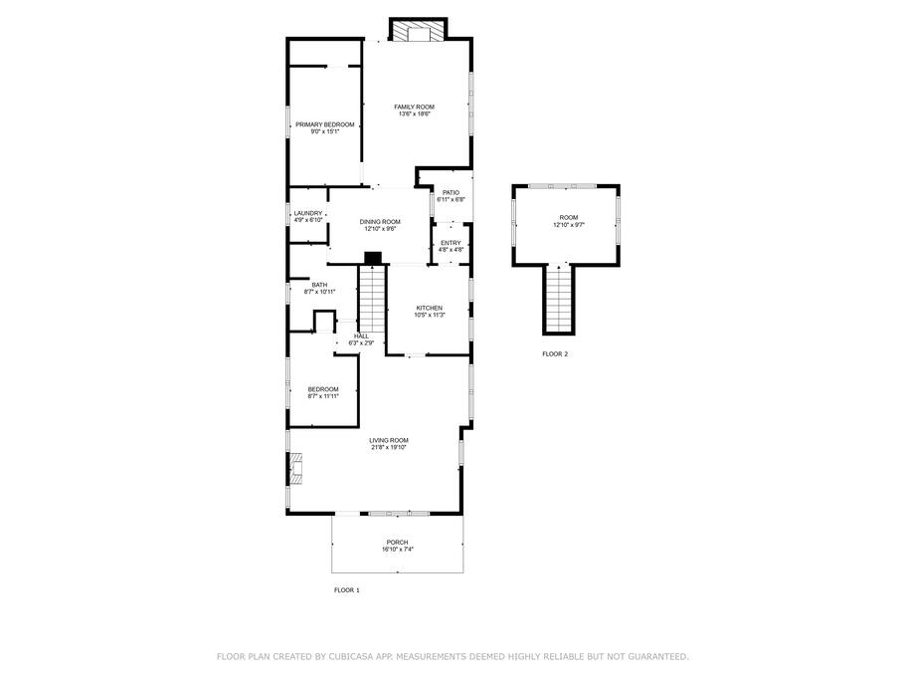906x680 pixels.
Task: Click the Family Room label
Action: pos(415,107)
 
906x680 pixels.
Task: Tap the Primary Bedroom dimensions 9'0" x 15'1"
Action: pos(325,131)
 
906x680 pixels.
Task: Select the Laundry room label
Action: pos(308,213)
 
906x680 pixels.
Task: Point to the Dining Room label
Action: pos(380,222)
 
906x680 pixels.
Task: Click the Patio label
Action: pos(451,192)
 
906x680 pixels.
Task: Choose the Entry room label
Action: pos(451,243)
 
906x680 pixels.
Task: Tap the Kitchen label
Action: pos(430,309)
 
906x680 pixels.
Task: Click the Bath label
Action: pos(319,285)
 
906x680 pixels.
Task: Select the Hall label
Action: pos(361,336)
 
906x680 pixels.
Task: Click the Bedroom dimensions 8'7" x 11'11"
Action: pos(323,396)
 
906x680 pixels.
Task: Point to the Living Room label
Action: pos(389,441)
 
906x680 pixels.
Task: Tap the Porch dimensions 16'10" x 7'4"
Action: pos(398,550)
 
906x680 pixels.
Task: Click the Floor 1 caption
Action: pos(347,590)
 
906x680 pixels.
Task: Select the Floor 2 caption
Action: pos(555,353)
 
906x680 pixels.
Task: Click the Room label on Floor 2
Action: pos(569,217)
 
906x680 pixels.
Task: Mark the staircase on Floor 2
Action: pos(559,298)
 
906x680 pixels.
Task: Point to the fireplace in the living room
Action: pos(295,468)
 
